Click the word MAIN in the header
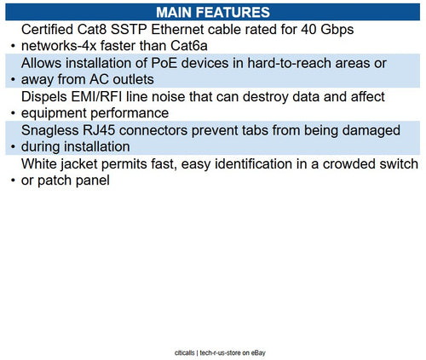181,12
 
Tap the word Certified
53,30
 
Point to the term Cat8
108,30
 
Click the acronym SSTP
150,30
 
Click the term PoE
157,64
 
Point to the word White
41,163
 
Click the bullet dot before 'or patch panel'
11,181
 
